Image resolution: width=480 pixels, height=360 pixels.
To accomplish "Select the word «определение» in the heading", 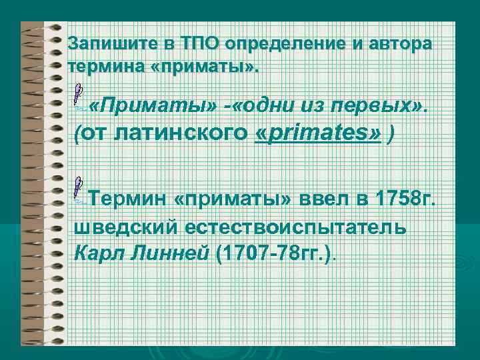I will tap(293, 44).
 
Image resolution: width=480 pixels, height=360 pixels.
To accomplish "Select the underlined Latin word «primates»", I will tap(319, 133).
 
